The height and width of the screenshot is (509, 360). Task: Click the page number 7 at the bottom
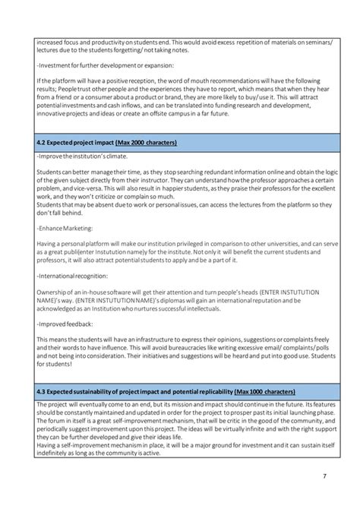point(325,476)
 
